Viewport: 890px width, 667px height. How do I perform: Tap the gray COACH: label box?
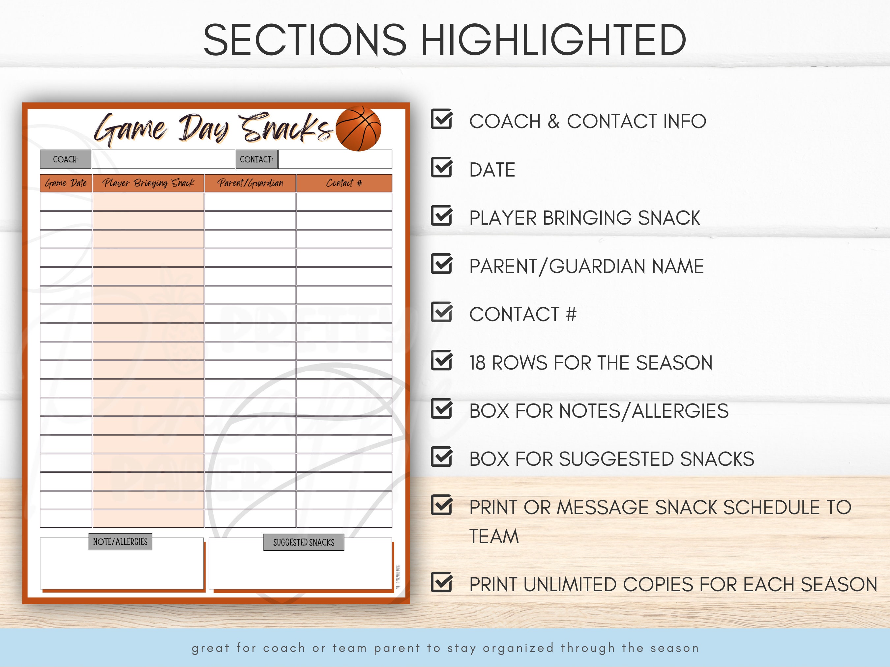(66, 159)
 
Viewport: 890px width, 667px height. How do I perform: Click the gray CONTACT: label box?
(256, 159)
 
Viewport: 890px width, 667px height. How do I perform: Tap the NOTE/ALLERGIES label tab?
(120, 542)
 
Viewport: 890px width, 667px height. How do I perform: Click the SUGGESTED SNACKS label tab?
(304, 542)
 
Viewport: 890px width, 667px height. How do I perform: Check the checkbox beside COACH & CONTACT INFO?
(441, 120)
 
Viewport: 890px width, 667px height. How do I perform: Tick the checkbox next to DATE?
(441, 168)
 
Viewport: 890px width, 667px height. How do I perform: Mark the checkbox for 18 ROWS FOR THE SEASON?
(441, 361)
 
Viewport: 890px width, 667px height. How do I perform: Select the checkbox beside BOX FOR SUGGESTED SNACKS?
(441, 457)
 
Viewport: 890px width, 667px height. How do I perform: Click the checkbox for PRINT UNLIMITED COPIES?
(441, 583)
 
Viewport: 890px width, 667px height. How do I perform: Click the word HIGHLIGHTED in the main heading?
(553, 40)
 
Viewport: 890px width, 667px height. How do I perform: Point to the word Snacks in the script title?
(286, 128)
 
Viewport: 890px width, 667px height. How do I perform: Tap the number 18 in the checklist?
(477, 363)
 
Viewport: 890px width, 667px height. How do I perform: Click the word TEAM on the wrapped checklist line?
(494, 536)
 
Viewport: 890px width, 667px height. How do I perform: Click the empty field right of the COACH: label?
(163, 159)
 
